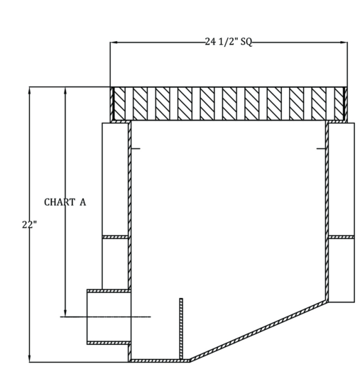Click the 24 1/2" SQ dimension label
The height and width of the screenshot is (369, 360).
click(229, 43)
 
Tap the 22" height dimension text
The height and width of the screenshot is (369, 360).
click(30, 224)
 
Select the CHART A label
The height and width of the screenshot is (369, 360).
click(65, 202)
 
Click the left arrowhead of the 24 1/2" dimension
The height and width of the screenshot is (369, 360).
click(114, 43)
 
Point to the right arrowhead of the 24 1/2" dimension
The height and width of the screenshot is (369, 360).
click(344, 43)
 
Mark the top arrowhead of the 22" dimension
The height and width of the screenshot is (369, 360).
click(30, 91)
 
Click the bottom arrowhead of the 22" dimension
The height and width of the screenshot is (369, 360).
click(30, 358)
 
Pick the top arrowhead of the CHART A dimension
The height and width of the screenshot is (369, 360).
click(65, 91)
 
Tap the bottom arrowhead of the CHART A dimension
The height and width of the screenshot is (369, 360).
click(65, 312)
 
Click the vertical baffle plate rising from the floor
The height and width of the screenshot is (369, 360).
click(181, 329)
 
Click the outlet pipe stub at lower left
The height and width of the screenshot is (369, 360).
click(109, 316)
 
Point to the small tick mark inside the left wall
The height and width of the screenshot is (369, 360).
click(136, 148)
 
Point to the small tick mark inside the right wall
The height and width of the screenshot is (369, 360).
click(321, 148)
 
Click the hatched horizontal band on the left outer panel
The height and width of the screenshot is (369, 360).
click(115, 237)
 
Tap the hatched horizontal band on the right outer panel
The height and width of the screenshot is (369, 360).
click(342, 237)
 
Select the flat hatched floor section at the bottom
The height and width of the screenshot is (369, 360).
click(160, 360)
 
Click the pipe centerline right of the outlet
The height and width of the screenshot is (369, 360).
click(141, 316)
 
